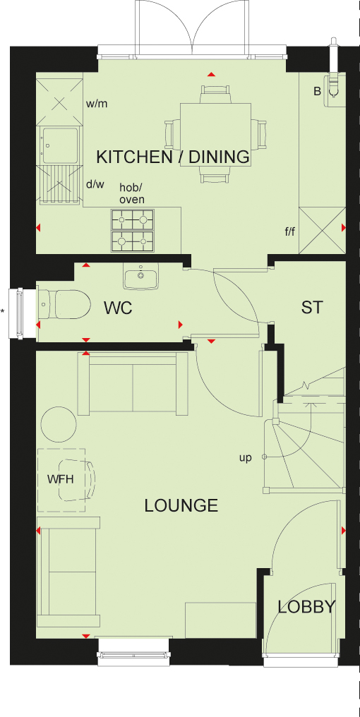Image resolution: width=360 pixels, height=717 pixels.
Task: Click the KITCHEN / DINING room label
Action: tap(173, 157)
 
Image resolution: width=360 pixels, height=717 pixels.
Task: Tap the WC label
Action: tap(118, 308)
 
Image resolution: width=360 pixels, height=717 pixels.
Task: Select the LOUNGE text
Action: tap(181, 505)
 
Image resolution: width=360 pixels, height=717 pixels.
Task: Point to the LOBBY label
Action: tap(307, 607)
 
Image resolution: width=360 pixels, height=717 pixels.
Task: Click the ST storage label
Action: tap(312, 307)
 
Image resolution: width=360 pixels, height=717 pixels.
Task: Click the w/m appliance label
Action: tap(97, 104)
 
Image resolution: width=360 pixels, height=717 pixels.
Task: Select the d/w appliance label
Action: tap(95, 185)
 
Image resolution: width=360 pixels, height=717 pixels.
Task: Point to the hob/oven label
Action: tap(132, 193)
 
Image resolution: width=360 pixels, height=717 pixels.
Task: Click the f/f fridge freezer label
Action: tap(289, 232)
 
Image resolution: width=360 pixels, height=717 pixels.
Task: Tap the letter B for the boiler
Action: tap(317, 92)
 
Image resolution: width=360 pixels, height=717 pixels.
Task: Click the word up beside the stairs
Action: tap(246, 458)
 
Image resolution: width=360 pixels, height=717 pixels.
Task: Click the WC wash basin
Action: tap(140, 276)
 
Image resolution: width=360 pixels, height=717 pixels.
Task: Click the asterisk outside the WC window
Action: tap(3, 312)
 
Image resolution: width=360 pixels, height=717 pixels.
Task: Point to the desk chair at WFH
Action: tap(78, 480)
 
